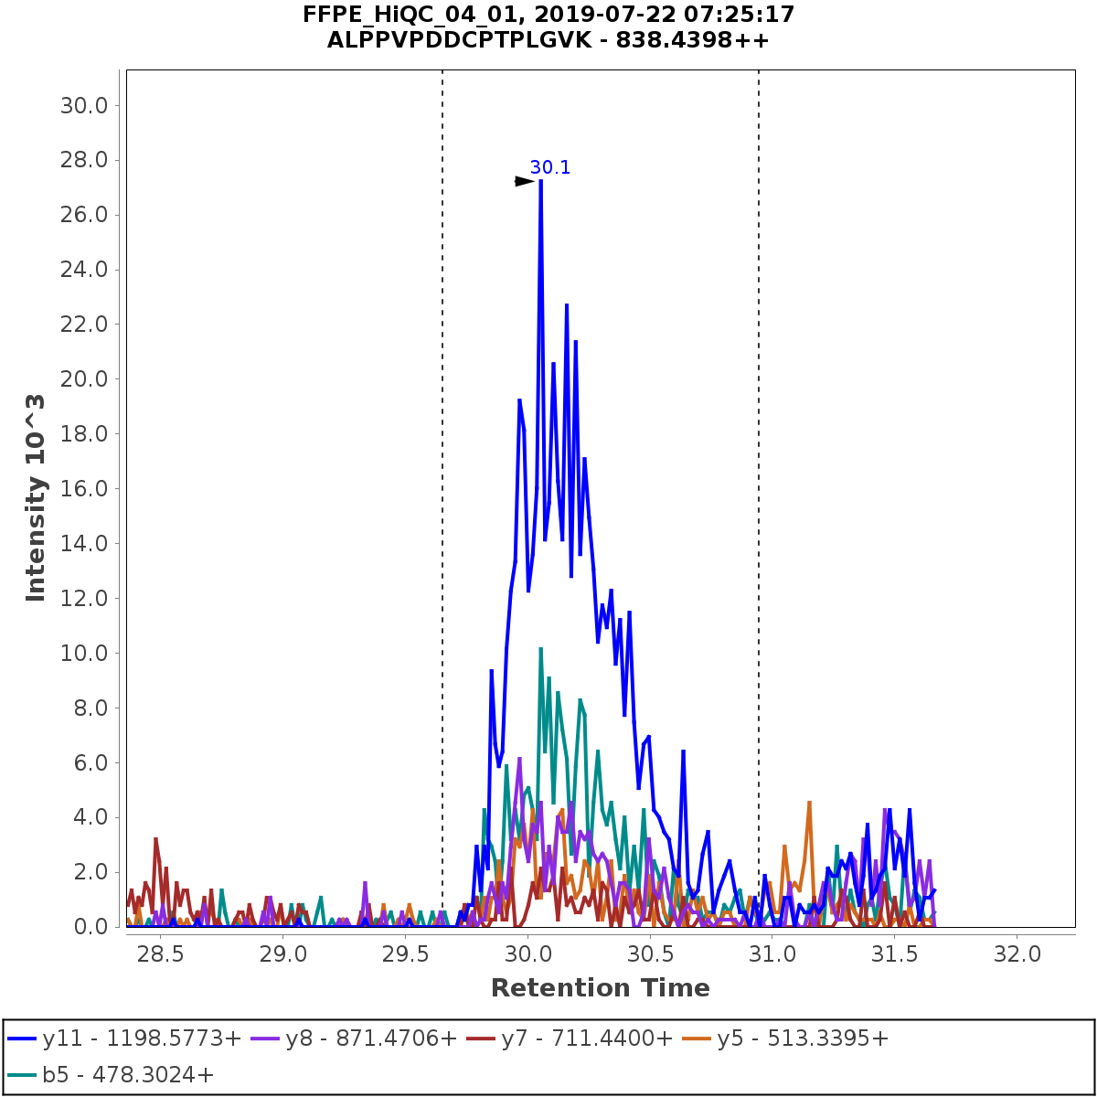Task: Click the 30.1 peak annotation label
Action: (550, 167)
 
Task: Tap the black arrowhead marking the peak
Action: (524, 181)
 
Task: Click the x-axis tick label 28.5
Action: (161, 954)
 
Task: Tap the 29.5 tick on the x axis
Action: (405, 954)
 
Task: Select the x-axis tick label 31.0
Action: (772, 954)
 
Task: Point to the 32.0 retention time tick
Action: (1017, 954)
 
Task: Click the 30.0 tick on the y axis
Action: (84, 106)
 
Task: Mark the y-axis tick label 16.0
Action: (84, 489)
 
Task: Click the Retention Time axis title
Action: (600, 988)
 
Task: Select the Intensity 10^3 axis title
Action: (36, 498)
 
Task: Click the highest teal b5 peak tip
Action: (541, 648)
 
